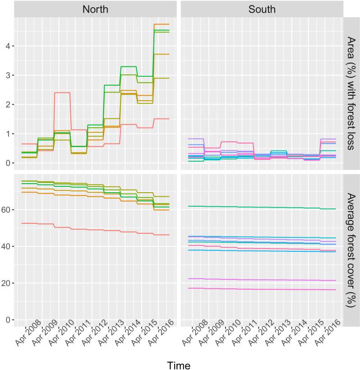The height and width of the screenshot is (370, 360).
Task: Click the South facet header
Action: click(x=262, y=9)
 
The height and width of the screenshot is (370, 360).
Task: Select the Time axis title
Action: click(x=179, y=364)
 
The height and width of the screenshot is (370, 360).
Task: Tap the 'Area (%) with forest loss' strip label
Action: click(x=351, y=93)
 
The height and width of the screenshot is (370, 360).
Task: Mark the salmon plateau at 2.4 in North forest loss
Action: click(x=62, y=92)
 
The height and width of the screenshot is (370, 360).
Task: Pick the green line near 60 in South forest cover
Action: click(x=262, y=207)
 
